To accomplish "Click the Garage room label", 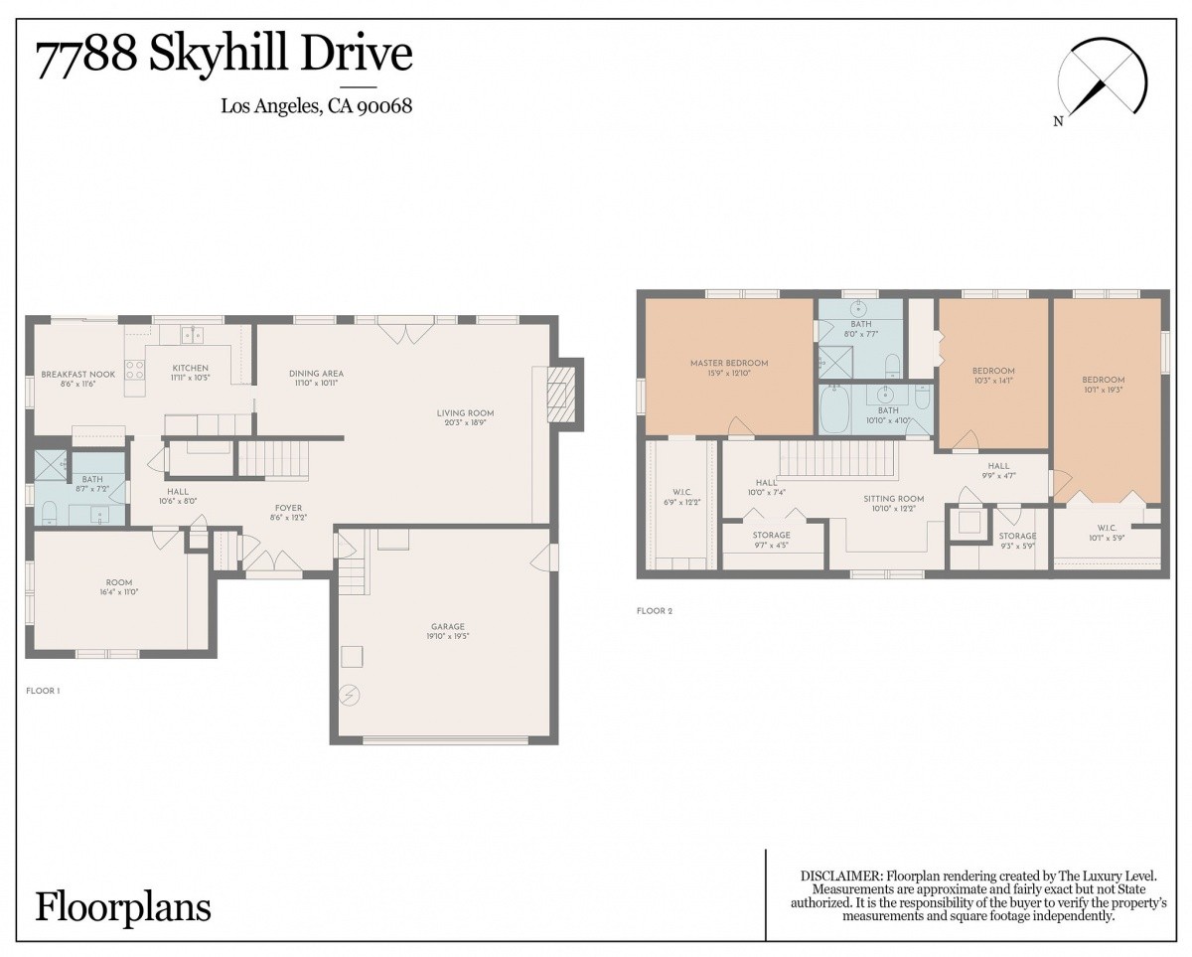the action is point(447,627).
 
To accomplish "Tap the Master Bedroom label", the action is point(729,364).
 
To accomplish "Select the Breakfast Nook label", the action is point(78,375).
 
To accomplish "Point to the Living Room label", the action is point(465,412).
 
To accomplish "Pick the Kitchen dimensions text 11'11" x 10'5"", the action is point(191,378).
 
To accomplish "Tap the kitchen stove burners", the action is point(135,370).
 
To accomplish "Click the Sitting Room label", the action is point(893,499).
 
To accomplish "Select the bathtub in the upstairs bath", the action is point(834,410).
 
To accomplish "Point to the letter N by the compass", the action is point(1058,121).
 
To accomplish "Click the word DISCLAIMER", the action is point(840,877).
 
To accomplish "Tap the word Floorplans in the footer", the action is point(123,907).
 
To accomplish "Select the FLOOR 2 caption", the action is point(655,611).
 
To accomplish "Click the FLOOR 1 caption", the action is point(43,691).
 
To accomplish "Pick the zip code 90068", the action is point(384,106).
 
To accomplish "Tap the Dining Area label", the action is point(316,374).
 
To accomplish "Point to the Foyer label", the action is point(289,508).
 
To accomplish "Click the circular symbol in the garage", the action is point(351,695).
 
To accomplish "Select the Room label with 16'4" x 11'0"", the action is point(119,582).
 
